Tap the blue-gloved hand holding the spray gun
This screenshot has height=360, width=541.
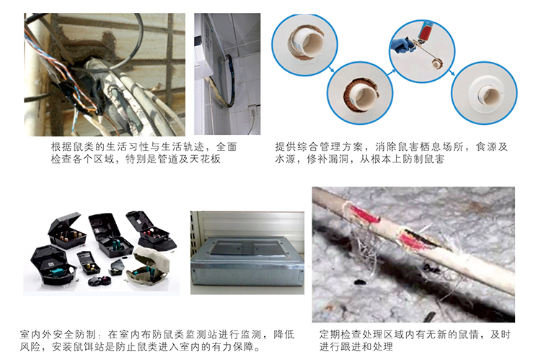401,45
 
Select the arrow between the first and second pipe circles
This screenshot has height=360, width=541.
331,69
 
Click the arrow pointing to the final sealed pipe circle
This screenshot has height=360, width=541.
452,72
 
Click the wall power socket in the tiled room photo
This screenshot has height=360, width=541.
253,111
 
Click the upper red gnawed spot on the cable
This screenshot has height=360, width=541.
364,214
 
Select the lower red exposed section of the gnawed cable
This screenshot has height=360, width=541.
414,241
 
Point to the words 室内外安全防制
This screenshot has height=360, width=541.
58,335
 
